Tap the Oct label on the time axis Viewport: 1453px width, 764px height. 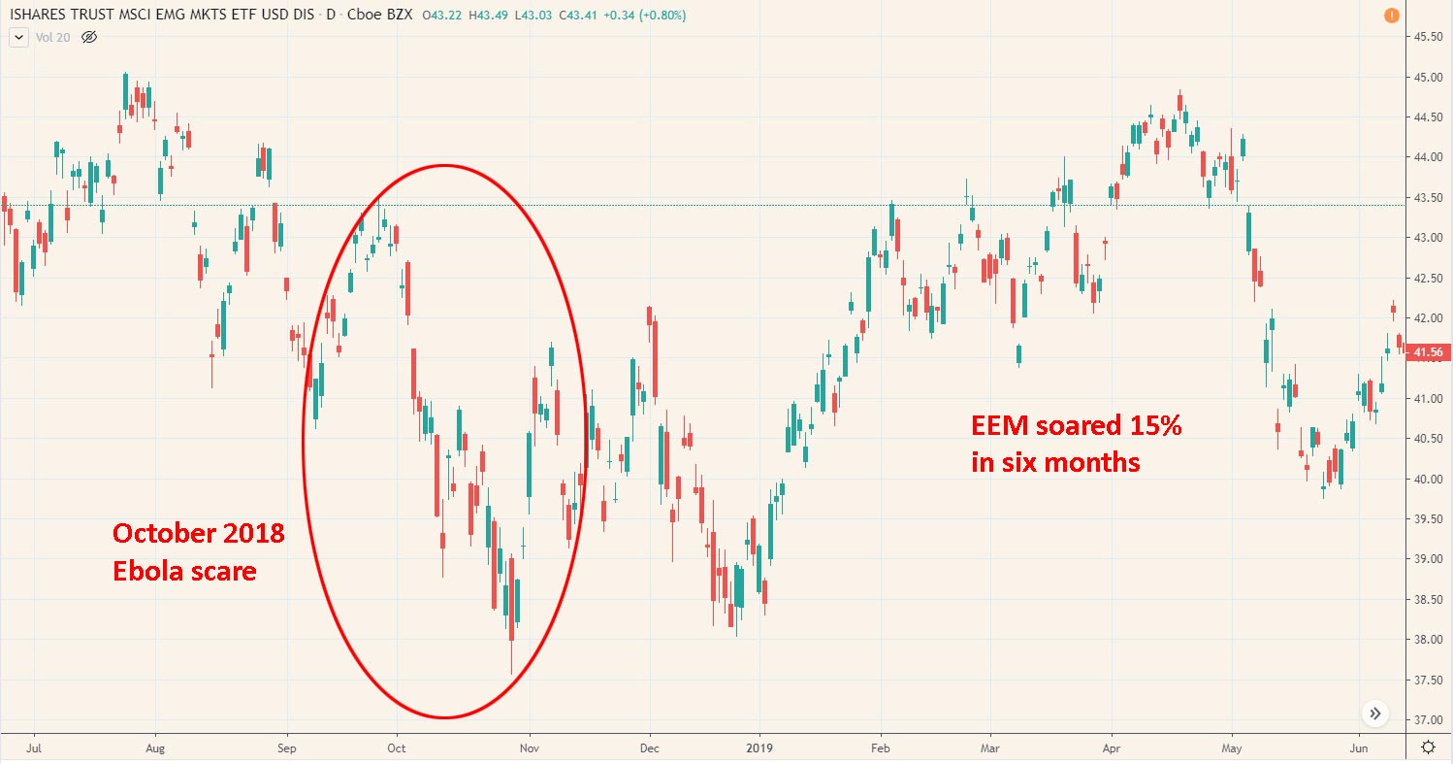pos(395,748)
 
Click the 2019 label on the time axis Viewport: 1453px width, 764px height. pos(759,748)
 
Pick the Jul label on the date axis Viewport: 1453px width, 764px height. pos(34,748)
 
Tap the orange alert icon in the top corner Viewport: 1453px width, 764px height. pos(1390,16)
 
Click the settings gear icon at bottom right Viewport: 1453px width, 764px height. pos(1428,747)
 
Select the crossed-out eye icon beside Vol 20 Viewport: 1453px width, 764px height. pos(90,37)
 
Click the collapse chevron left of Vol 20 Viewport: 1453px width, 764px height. pos(18,37)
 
